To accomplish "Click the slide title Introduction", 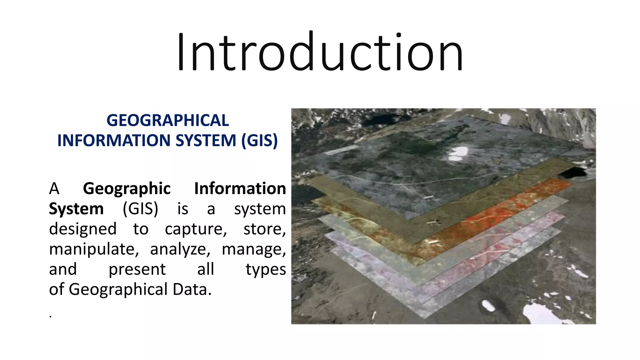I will (x=320, y=52).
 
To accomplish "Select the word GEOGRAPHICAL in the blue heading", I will (x=167, y=121).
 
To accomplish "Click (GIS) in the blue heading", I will (x=259, y=140).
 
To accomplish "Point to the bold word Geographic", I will (x=127, y=189).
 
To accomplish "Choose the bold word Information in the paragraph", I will (x=240, y=189).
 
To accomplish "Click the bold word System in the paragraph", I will (x=76, y=209).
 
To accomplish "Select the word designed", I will (x=82, y=229).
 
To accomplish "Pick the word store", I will (x=264, y=229).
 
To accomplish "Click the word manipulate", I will (x=93, y=249).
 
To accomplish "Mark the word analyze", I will (x=180, y=249).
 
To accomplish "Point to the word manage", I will (x=253, y=249).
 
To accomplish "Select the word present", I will (x=137, y=270).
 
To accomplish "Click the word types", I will (x=265, y=270).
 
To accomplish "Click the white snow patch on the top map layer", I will (x=458, y=153).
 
